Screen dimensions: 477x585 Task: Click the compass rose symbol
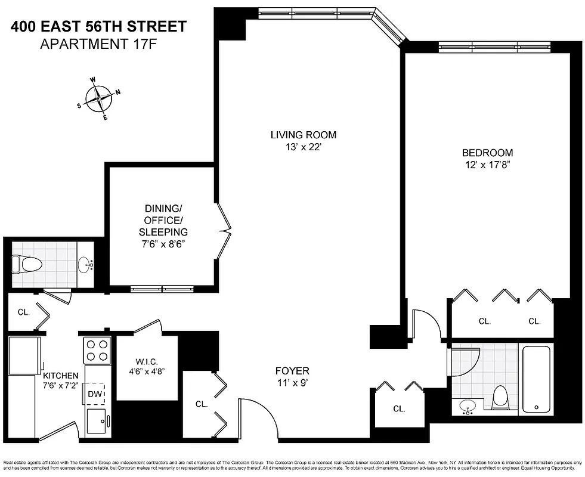tap(98, 98)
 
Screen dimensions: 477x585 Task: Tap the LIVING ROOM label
tap(303, 135)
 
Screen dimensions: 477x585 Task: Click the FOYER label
tap(292, 370)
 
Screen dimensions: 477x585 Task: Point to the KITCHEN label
tap(61, 376)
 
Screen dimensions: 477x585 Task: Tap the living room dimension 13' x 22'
tap(303, 147)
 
